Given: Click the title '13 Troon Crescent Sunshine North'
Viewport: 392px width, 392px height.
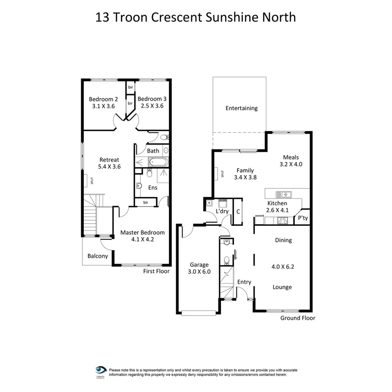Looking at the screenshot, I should pyautogui.click(x=196, y=17).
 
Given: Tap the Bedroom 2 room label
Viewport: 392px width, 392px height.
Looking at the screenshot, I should pyautogui.click(x=103, y=99).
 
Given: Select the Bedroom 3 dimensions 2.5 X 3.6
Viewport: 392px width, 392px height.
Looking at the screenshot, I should pyautogui.click(x=152, y=106).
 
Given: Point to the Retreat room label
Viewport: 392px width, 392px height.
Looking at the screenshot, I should pyautogui.click(x=109, y=160).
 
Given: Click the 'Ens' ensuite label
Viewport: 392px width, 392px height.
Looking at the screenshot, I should pyautogui.click(x=153, y=188).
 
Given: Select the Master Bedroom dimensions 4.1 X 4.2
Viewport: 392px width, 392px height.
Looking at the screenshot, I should pyautogui.click(x=143, y=239).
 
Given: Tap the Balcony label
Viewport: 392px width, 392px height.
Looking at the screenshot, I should pyautogui.click(x=98, y=256).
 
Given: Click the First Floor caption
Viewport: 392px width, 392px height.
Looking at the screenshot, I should pyautogui.click(x=156, y=271).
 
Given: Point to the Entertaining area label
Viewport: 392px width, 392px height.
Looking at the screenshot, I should pyautogui.click(x=241, y=108).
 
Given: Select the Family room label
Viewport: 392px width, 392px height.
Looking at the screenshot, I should pyautogui.click(x=245, y=170).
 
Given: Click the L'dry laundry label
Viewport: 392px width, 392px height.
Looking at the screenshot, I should pyautogui.click(x=222, y=211).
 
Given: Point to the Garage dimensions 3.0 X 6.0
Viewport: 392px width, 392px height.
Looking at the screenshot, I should pyautogui.click(x=199, y=272).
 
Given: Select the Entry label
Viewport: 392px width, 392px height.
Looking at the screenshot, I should pyautogui.click(x=244, y=282).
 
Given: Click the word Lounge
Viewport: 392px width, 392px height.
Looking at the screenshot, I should pyautogui.click(x=283, y=287).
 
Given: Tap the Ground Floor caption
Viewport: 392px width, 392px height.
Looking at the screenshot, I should pyautogui.click(x=298, y=318).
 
